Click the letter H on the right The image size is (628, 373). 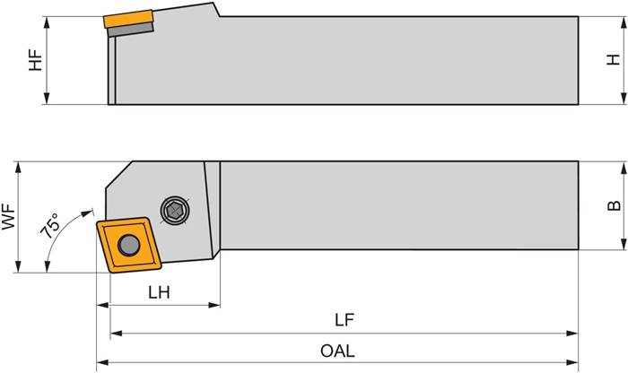tap(613, 60)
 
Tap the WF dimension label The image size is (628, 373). tap(10, 216)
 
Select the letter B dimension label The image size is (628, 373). tap(614, 205)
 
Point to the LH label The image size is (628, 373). tap(159, 292)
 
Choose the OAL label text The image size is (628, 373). tap(337, 351)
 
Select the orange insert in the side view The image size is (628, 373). tap(125, 20)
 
